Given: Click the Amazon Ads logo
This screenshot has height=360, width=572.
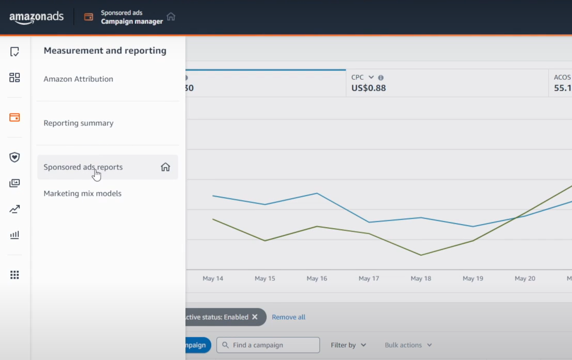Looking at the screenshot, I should coord(36,17).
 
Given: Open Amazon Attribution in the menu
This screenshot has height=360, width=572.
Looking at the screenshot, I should coord(78,79).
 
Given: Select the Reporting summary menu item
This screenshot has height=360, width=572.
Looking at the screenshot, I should coord(78,123).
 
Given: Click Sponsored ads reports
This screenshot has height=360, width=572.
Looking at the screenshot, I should coord(83,167).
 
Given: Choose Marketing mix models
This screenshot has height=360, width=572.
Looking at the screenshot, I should coord(82,194).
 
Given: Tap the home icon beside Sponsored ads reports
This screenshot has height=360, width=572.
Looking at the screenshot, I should coord(165,167).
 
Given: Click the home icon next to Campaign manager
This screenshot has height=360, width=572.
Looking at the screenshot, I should coord(171,17).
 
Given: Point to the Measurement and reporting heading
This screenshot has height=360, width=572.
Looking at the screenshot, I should coord(105,51).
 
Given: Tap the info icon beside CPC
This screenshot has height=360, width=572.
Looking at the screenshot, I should coord(380,78).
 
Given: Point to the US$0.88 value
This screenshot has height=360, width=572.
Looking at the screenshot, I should coord(369,88).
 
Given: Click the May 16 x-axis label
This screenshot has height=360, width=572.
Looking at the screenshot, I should coord(317,279).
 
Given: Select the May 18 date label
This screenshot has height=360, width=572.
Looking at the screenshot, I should coord(420,279).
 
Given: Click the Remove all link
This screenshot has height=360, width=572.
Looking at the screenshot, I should coord(288,317).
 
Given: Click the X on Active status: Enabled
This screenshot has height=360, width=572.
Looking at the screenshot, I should coord(255,317).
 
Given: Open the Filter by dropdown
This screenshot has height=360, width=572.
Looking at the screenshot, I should coord(348,345).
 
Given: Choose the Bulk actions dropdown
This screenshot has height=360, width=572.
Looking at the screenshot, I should coord(408,345).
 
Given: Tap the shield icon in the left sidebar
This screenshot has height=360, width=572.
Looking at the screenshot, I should coord(14,157).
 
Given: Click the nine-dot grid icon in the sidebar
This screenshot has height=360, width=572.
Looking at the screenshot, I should coord(14,275).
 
